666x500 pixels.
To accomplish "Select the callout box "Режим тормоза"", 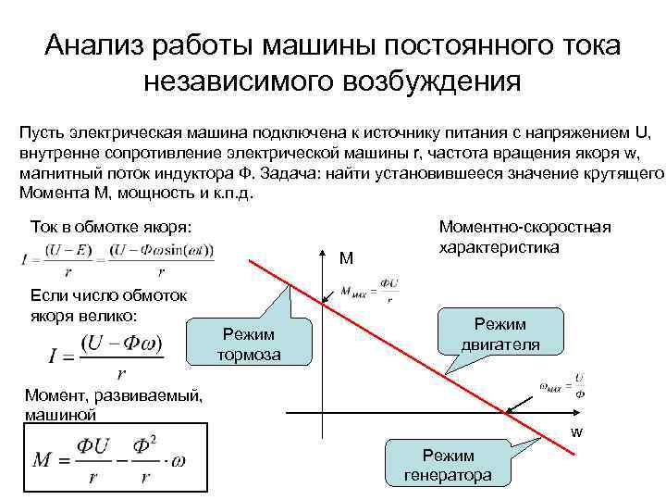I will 249,344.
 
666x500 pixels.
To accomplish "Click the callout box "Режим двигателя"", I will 500,334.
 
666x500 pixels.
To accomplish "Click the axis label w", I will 576,431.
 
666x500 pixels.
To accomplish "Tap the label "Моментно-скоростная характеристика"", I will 524,237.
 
